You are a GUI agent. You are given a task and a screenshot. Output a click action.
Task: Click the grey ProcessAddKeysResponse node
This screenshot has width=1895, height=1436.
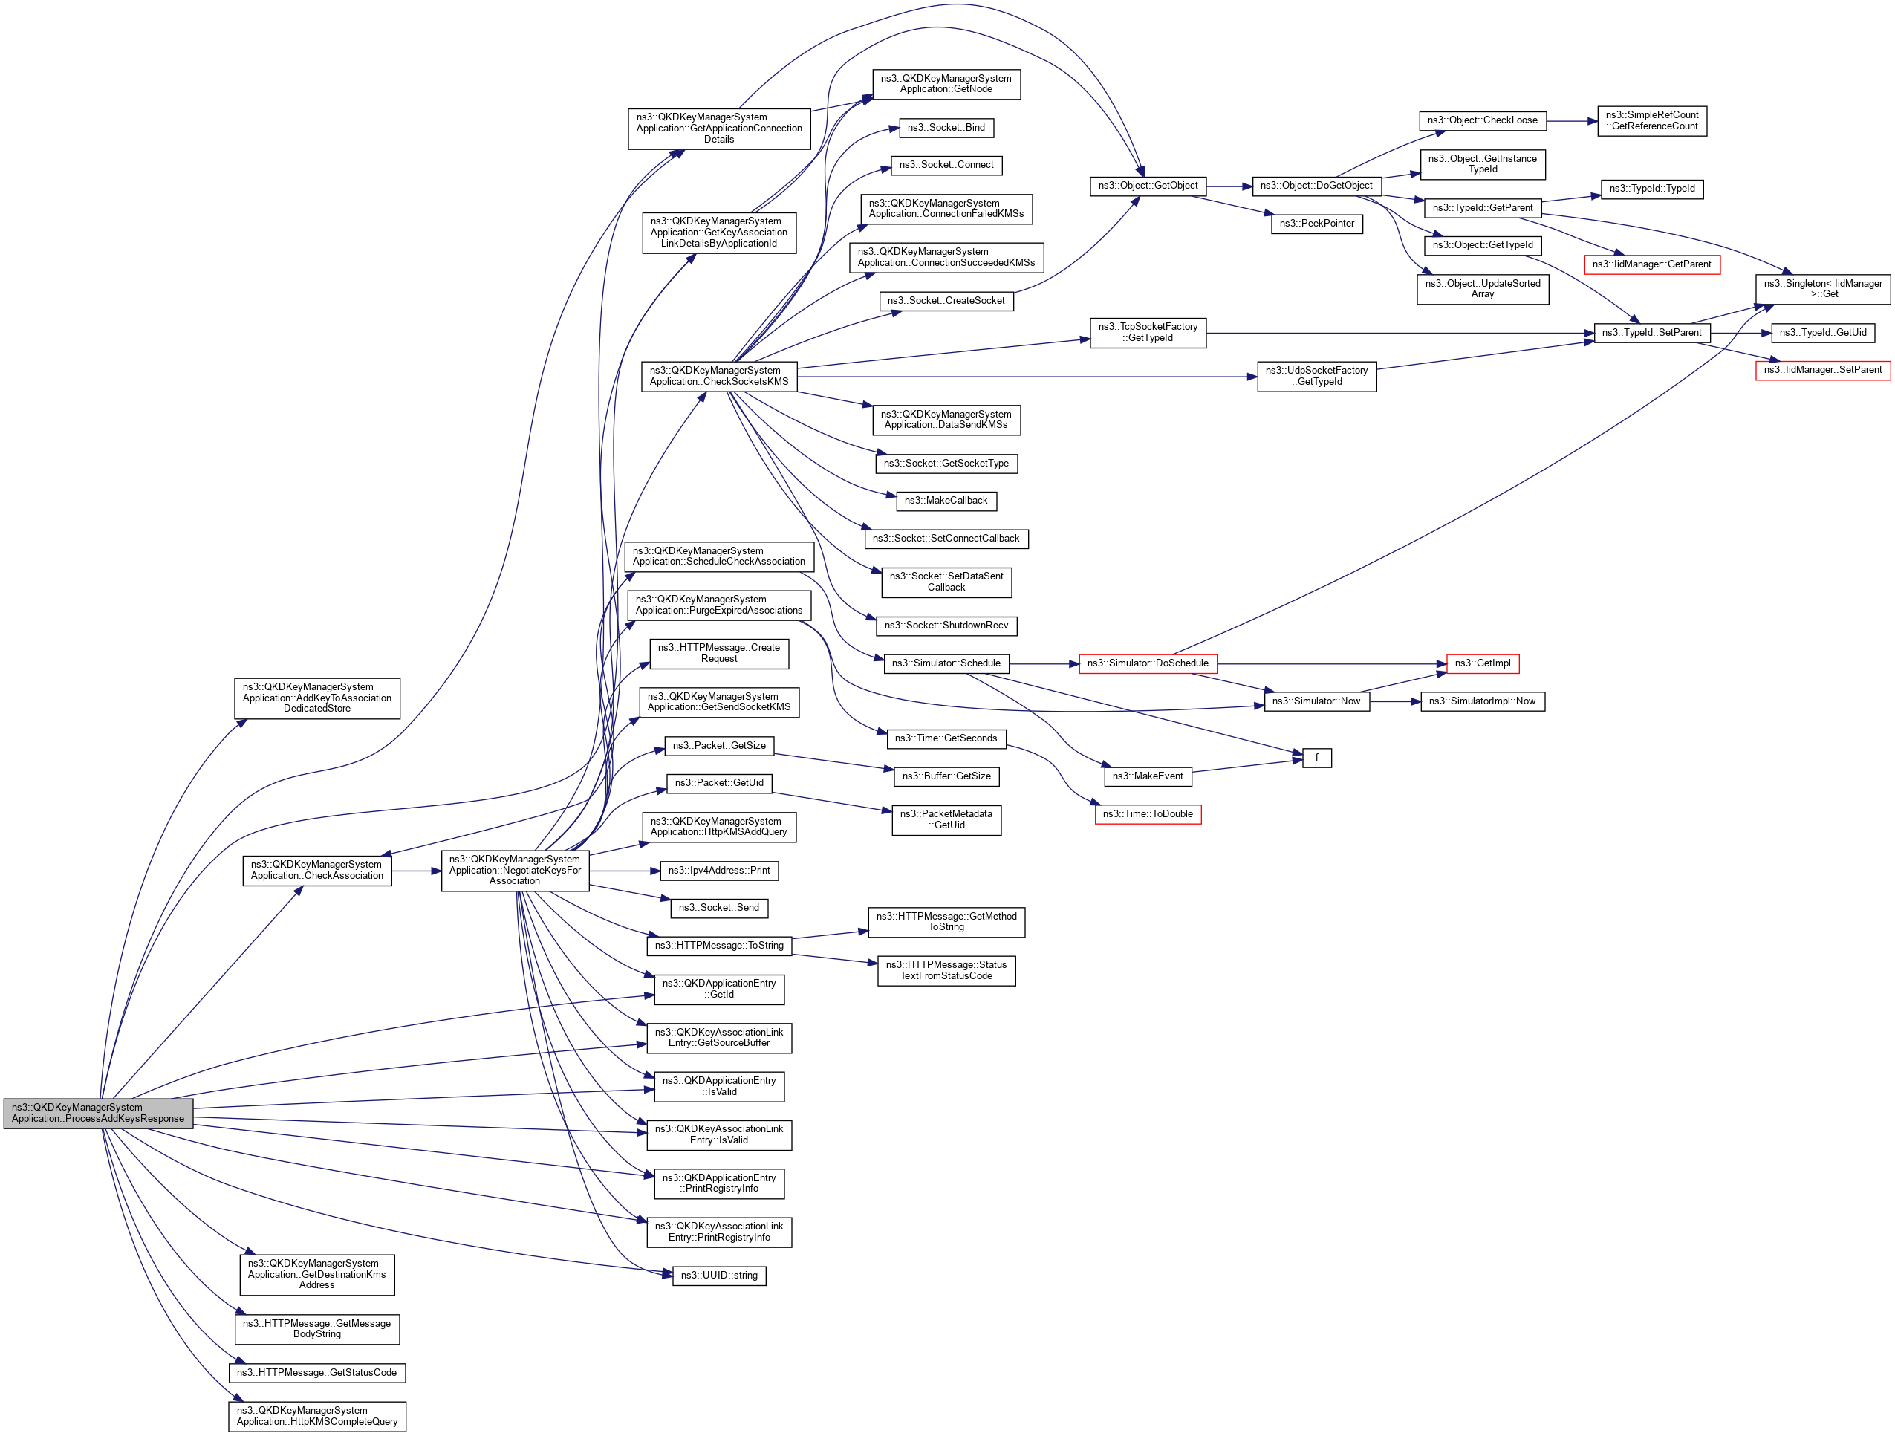point(97,1113)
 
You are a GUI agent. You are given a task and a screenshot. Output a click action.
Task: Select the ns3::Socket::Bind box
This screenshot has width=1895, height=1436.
point(946,128)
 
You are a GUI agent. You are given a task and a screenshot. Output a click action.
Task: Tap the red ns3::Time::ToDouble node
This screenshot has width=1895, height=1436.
point(1147,814)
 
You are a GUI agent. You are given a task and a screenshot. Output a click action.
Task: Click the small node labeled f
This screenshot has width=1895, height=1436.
point(1317,758)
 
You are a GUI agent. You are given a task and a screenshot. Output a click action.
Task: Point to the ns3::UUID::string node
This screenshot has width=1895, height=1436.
point(719,1276)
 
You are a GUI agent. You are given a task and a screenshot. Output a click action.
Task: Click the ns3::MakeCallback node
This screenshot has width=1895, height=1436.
point(946,501)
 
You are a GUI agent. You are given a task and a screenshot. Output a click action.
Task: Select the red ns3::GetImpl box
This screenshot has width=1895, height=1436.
point(1482,663)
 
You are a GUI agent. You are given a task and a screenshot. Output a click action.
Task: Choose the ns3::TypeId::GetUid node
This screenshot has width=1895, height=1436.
point(1822,332)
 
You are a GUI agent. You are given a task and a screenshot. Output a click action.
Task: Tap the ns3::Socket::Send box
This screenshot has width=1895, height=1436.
point(719,907)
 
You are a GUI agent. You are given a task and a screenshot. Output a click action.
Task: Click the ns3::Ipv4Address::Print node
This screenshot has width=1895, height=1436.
point(719,871)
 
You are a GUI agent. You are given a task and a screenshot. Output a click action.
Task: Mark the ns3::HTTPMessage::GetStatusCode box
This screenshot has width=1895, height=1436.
point(317,1373)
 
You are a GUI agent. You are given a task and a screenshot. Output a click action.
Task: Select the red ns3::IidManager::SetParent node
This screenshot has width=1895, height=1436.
point(1822,370)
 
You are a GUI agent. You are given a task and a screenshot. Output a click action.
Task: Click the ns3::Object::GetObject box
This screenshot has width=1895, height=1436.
point(1148,186)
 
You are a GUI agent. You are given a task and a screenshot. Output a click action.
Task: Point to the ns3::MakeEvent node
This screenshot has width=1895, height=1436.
point(1147,776)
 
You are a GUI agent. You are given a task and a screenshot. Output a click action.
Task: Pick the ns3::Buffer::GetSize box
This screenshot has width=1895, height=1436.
point(946,776)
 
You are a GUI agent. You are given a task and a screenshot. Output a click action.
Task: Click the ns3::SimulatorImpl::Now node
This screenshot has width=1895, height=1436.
point(1482,701)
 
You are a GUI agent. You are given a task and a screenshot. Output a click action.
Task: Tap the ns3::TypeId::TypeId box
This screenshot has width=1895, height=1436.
point(1651,189)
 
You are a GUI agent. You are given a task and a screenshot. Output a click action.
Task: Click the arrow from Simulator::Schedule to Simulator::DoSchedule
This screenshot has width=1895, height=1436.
point(1044,664)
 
